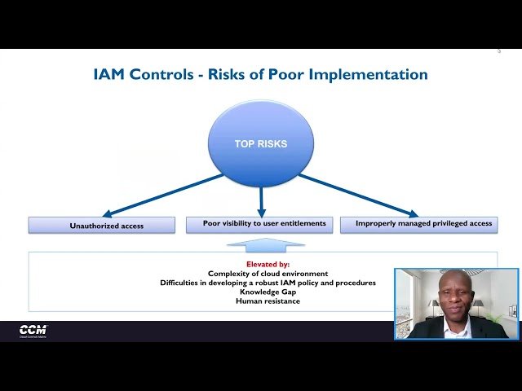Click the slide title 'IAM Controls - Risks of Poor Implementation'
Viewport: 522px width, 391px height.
[x=261, y=74]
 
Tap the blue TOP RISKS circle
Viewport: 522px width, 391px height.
[x=261, y=143]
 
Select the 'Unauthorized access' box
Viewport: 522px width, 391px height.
[x=101, y=225]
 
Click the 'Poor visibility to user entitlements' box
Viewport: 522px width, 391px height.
[x=264, y=223]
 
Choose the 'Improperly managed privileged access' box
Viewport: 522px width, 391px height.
[x=418, y=223]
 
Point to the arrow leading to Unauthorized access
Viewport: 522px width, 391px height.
[x=163, y=195]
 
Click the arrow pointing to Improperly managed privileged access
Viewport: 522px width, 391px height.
[x=359, y=195]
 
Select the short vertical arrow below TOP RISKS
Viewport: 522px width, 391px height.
[x=261, y=200]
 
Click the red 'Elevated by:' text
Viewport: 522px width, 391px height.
[x=268, y=265]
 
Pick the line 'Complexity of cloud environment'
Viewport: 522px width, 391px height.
[x=268, y=274]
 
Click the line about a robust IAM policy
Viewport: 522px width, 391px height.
[x=268, y=283]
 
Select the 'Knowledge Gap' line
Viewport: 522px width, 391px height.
[x=268, y=292]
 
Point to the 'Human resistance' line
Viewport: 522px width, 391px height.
[x=268, y=301]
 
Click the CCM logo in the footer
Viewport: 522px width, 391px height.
[x=33, y=330]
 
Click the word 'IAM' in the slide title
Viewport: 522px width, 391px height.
[x=111, y=74]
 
